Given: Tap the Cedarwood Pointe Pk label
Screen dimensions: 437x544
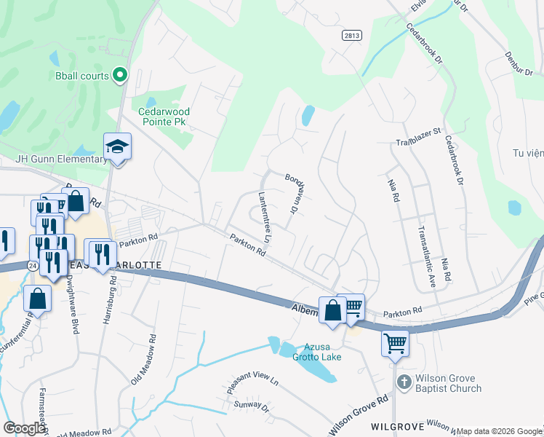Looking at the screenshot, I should click(164, 117).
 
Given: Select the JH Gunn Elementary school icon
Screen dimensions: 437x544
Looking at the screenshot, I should click(116, 148).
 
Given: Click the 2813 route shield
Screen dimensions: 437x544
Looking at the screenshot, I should click(352, 35).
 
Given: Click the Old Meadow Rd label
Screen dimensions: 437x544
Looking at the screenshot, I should click(143, 360).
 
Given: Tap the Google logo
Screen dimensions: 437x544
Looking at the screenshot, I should click(24, 428).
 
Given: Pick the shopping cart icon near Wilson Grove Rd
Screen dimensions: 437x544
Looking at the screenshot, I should click(395, 342).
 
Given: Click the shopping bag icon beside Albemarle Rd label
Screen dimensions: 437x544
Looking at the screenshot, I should click(332, 310).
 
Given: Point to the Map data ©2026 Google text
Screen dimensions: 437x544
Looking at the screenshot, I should click(499, 431).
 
